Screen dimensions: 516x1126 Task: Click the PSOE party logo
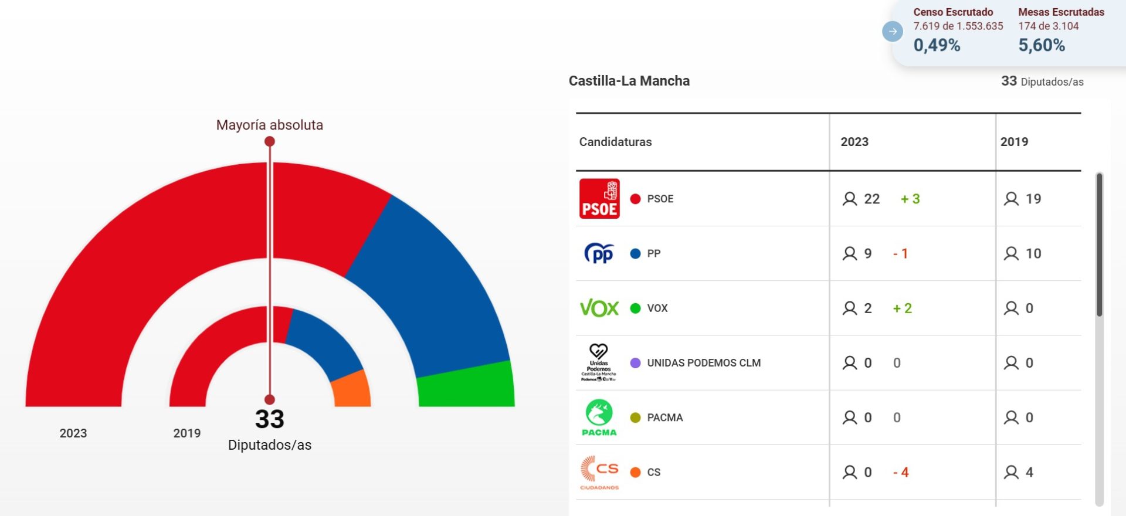tap(599, 199)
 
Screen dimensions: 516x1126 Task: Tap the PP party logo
tap(599, 253)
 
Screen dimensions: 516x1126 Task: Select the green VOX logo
tap(599, 308)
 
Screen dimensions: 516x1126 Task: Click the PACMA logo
tap(599, 417)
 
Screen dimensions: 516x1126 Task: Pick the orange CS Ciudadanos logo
tap(599, 472)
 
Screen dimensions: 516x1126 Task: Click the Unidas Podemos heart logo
tap(599, 362)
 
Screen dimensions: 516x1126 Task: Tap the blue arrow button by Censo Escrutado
tap(893, 31)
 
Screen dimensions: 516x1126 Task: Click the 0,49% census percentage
tap(937, 45)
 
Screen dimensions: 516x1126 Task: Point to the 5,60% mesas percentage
tap(1042, 45)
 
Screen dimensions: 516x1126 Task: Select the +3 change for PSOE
tap(910, 199)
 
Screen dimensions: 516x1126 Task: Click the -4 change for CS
tap(901, 472)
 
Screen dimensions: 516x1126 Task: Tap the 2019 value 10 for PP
tap(1033, 253)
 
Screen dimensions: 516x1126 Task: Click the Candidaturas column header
tap(615, 142)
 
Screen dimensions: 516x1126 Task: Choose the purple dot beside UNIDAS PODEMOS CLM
tap(635, 363)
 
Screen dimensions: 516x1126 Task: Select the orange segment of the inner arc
tap(351, 390)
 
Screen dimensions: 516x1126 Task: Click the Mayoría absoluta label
tap(269, 125)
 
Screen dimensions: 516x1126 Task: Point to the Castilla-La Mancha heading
tap(629, 81)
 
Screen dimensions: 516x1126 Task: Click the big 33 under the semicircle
tap(269, 419)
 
